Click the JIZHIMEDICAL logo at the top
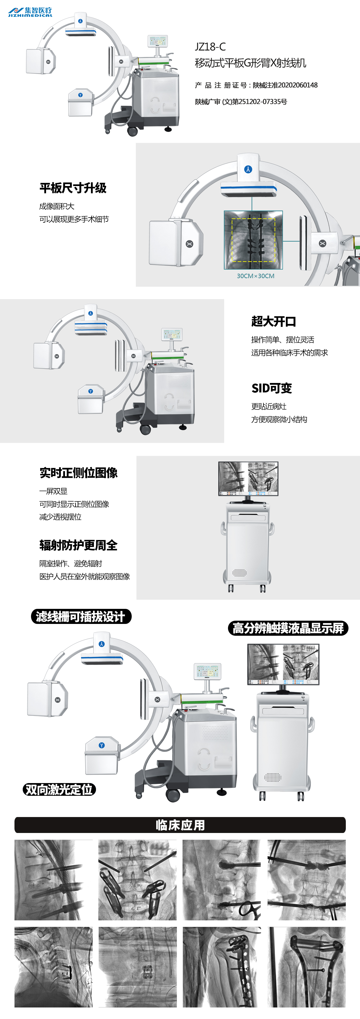tap(30, 12)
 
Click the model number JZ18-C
tap(210, 47)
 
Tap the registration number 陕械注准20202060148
tap(285, 85)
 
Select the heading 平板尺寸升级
tap(73, 188)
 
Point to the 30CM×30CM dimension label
tap(255, 276)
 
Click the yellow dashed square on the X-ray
tap(253, 240)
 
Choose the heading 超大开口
tap(274, 321)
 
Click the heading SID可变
tap(272, 388)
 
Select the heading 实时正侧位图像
tap(78, 473)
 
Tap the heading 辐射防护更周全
tap(78, 545)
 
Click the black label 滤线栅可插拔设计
tap(81, 616)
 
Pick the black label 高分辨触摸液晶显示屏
tap(288, 628)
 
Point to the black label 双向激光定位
tap(59, 790)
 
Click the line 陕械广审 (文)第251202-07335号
tap(241, 102)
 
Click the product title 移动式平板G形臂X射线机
tap(250, 63)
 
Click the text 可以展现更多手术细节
tap(74, 219)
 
